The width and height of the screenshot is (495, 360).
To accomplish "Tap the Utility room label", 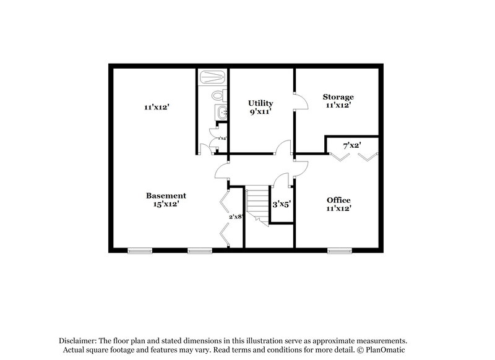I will (260, 103).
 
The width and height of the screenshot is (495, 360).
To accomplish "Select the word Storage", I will (338, 97).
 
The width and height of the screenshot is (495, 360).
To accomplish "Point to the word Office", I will (338, 200).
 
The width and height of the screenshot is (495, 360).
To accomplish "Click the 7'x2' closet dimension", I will (352, 146).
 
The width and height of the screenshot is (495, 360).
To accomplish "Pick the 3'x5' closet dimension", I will (282, 204).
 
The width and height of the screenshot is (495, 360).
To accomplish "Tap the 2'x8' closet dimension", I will (235, 216).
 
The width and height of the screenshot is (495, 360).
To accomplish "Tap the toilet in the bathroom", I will (217, 96).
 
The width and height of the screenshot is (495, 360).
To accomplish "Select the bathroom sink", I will (220, 112).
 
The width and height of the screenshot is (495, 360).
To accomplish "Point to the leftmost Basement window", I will (140, 251).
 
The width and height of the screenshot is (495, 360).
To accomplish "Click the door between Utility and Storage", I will (299, 101).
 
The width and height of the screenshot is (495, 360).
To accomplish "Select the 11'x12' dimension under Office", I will (338, 208).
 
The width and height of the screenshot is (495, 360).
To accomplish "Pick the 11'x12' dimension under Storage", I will (338, 105).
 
